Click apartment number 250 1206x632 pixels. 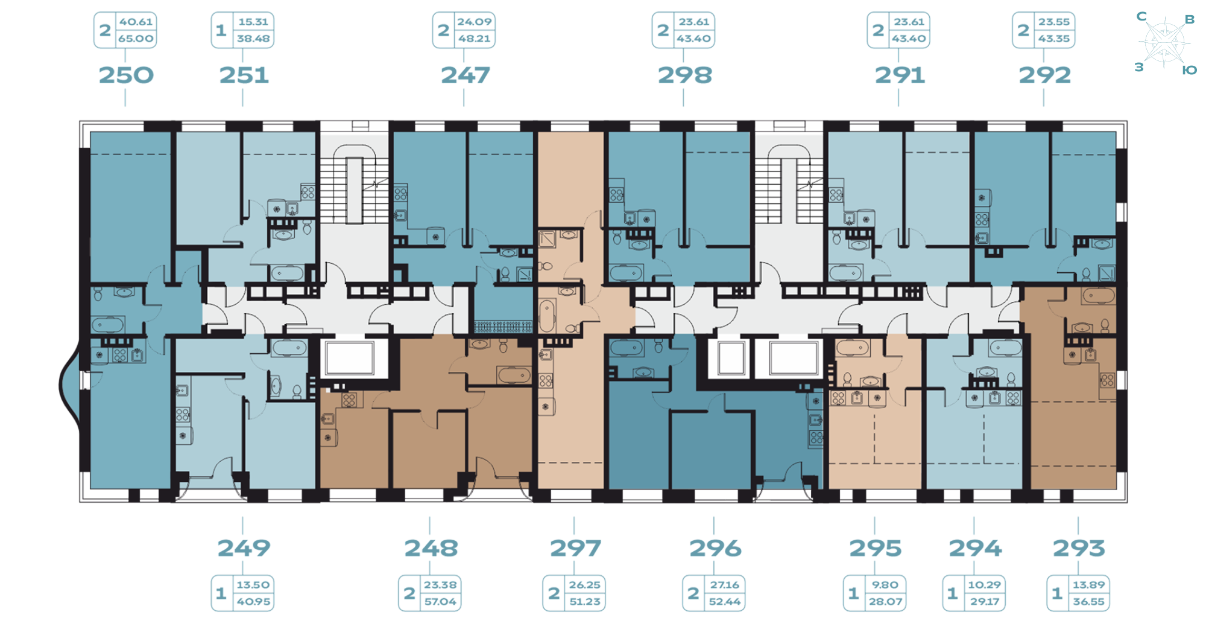click(x=126, y=75)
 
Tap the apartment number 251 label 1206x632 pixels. click(x=244, y=75)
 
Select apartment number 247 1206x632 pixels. click(x=465, y=75)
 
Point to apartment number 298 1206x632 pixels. click(x=684, y=75)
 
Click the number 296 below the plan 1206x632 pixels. click(x=715, y=548)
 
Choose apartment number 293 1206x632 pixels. click(x=1079, y=548)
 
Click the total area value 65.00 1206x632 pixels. click(x=136, y=39)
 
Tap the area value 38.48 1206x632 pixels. click(x=253, y=39)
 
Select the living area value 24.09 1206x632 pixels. click(x=474, y=22)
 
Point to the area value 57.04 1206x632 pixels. click(x=440, y=602)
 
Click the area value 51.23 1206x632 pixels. click(x=585, y=602)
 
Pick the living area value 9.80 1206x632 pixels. click(x=885, y=585)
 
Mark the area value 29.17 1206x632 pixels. click(x=984, y=602)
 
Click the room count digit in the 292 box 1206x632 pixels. click(x=1023, y=30)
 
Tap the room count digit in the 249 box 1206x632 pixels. click(x=221, y=593)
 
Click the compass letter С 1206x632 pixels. click(x=1141, y=16)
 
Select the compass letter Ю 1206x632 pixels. click(x=1189, y=70)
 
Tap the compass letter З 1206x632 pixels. click(x=1139, y=67)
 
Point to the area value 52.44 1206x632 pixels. click(x=725, y=602)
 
